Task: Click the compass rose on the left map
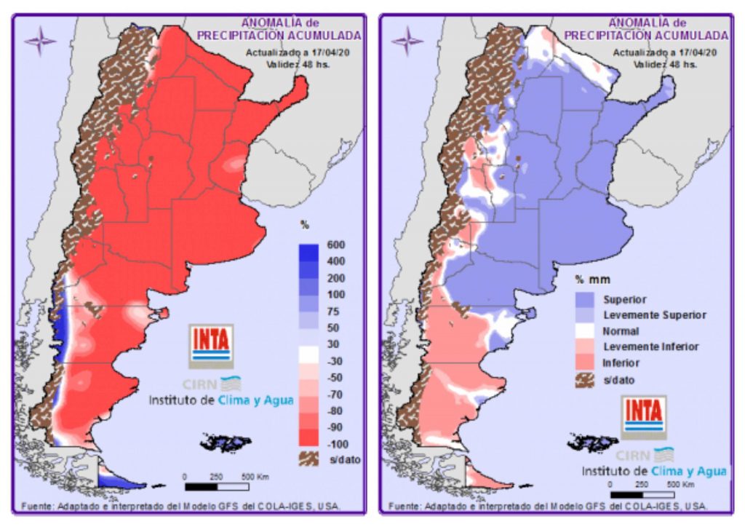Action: pyautogui.click(x=39, y=41)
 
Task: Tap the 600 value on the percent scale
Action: pyautogui.click(x=336, y=245)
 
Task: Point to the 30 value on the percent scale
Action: pyautogui.click(x=335, y=344)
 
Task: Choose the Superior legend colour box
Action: pyautogui.click(x=586, y=299)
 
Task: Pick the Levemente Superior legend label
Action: pyautogui.click(x=655, y=315)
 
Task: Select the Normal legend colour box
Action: pyautogui.click(x=586, y=331)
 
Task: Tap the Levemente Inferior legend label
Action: pyautogui.click(x=651, y=347)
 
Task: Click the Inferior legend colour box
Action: pyautogui.click(x=586, y=362)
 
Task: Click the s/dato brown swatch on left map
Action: pyautogui.click(x=311, y=459)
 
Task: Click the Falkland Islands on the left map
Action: pyautogui.click(x=226, y=442)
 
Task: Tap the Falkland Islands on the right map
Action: pyautogui.click(x=594, y=442)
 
